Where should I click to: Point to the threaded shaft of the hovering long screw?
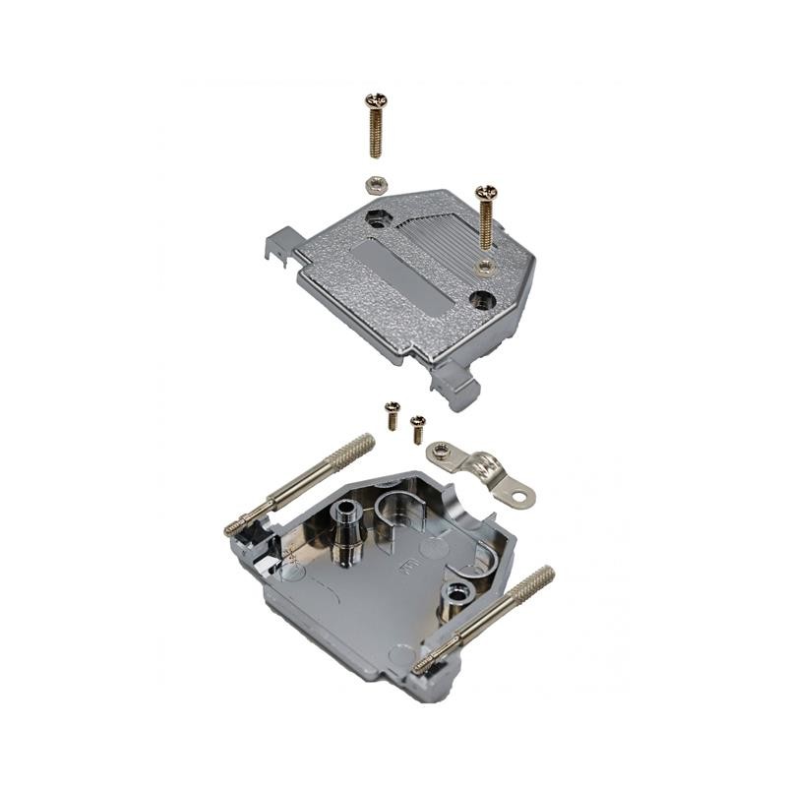pos(376,133)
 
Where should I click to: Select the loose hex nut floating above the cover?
pos(373,182)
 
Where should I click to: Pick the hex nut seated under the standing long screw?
pos(483,264)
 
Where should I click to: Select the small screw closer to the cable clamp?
pos(418,426)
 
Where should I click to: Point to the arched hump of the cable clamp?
pos(482,460)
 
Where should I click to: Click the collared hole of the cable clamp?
pos(442,454)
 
